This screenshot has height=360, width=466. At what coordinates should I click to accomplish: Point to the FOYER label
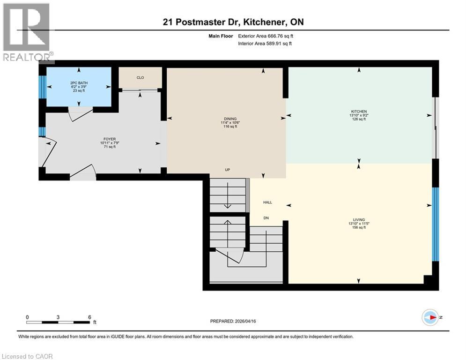110,139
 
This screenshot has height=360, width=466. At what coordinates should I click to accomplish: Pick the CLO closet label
140,78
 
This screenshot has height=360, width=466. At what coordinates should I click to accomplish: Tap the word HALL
267,202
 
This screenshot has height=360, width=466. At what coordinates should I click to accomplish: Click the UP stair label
227,170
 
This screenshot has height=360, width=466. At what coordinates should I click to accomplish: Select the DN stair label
266,218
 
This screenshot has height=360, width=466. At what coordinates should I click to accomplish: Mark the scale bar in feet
58,322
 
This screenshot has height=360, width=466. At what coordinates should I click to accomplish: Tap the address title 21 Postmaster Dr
233,22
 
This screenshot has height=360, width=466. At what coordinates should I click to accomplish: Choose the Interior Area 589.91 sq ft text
265,44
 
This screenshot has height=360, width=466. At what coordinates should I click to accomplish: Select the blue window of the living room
435,224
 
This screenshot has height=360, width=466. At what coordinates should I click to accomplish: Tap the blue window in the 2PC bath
42,86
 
